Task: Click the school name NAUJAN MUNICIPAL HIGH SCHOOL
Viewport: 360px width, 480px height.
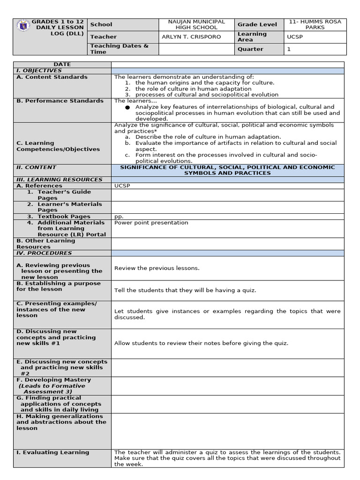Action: tap(196, 25)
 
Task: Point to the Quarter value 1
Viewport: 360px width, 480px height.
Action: tap(289, 49)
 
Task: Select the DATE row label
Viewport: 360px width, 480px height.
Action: tap(62, 65)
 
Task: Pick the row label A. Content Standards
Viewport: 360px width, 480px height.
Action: tap(52, 77)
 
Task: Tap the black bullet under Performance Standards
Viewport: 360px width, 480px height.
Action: tap(127, 107)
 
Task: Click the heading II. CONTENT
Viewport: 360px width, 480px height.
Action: tap(36, 167)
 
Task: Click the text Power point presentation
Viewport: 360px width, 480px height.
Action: tap(151, 223)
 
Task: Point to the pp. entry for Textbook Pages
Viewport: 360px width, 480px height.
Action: tap(119, 217)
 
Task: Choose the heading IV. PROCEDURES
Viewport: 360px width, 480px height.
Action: tap(44, 253)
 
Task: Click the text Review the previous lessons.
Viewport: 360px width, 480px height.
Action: tap(157, 268)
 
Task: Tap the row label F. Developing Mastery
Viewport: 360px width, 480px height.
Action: tap(53, 380)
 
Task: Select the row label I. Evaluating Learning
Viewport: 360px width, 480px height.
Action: tap(52, 452)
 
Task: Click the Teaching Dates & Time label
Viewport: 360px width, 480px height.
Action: tap(119, 49)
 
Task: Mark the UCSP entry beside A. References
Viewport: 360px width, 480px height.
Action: tap(122, 186)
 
